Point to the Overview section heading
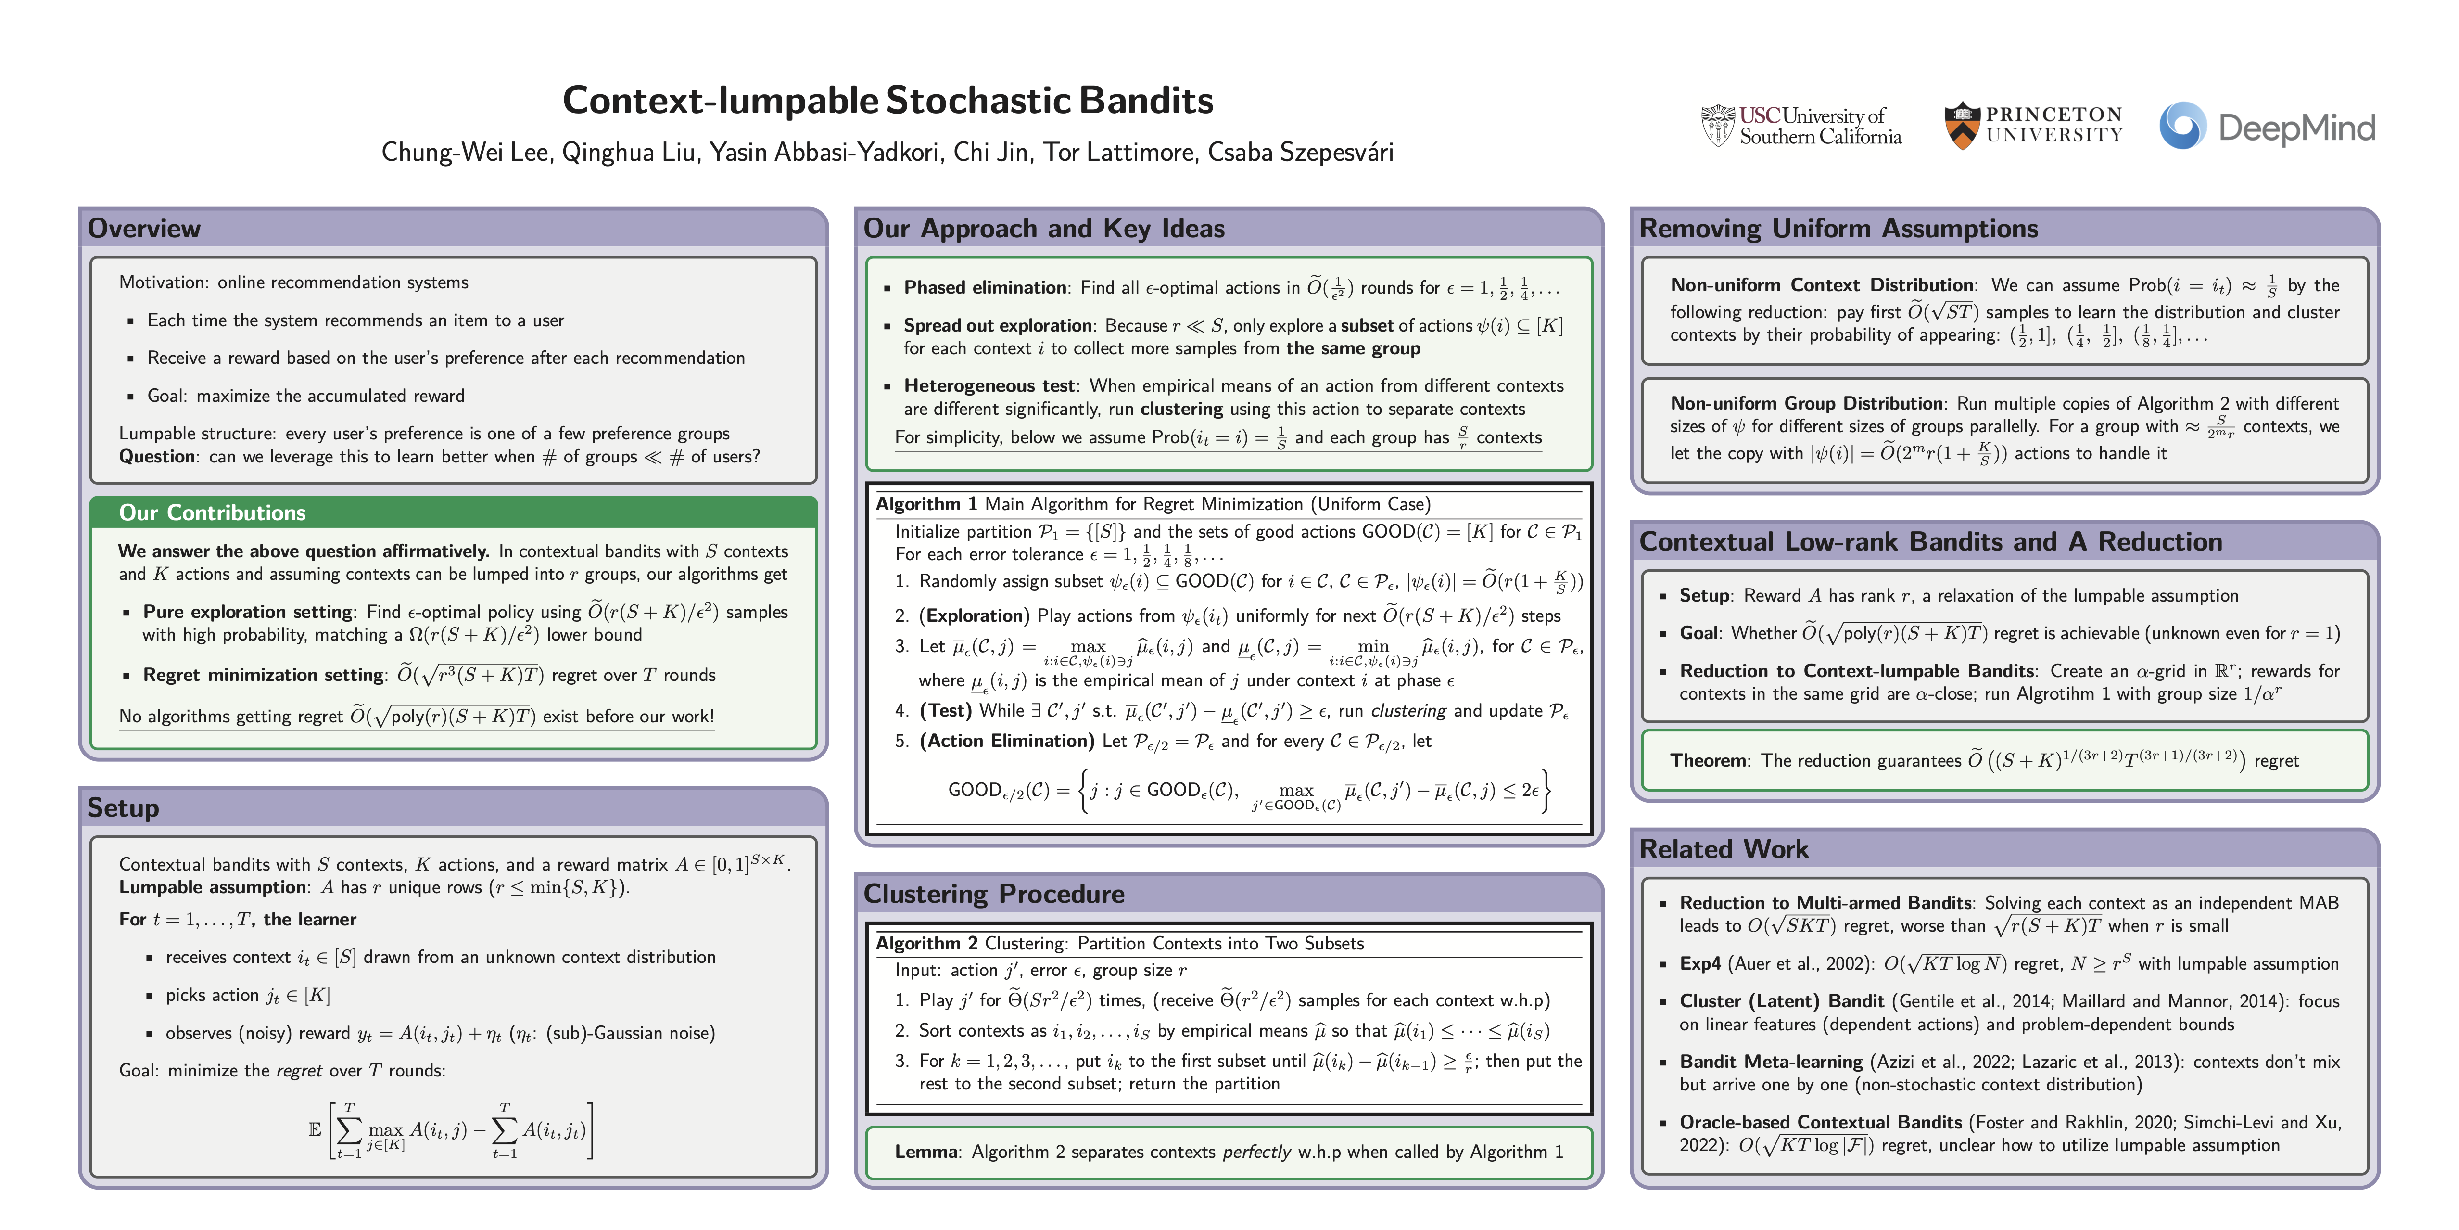(x=144, y=228)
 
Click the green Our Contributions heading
(x=212, y=513)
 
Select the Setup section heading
(x=123, y=808)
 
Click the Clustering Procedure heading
(x=994, y=894)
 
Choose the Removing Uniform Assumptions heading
(x=1838, y=228)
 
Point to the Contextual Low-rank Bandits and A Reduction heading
(x=1930, y=541)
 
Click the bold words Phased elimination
(x=985, y=287)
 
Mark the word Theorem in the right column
(x=1709, y=760)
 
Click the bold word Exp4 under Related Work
(x=1700, y=963)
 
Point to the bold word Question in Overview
(x=156, y=457)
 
